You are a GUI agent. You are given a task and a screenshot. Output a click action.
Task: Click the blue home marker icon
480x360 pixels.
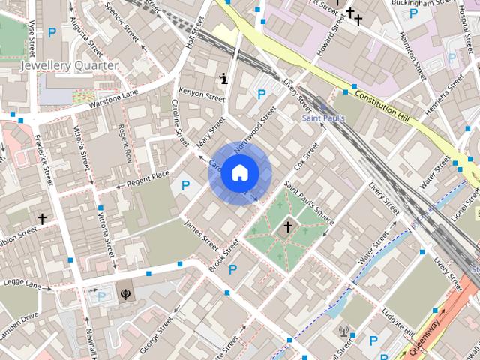click(x=239, y=173)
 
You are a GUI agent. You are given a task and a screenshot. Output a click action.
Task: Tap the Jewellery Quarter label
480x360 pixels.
click(x=69, y=65)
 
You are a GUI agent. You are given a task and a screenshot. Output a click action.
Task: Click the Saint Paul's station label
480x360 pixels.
click(x=323, y=118)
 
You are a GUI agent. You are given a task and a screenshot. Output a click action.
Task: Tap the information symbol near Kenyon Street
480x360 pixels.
click(x=223, y=77)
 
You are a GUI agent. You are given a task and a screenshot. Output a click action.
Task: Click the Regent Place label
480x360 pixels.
click(x=148, y=178)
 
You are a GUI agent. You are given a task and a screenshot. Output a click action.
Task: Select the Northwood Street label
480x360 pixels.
click(x=255, y=129)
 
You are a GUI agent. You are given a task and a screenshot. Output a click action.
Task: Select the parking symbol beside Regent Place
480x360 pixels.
click(x=185, y=185)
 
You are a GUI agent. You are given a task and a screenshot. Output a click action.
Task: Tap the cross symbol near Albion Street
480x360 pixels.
click(x=43, y=219)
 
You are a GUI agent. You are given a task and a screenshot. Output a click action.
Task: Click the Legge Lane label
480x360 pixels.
click(x=22, y=285)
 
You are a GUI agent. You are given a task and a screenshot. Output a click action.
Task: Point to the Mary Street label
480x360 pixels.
click(x=210, y=132)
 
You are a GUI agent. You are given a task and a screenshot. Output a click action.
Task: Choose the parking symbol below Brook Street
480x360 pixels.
click(x=232, y=269)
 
